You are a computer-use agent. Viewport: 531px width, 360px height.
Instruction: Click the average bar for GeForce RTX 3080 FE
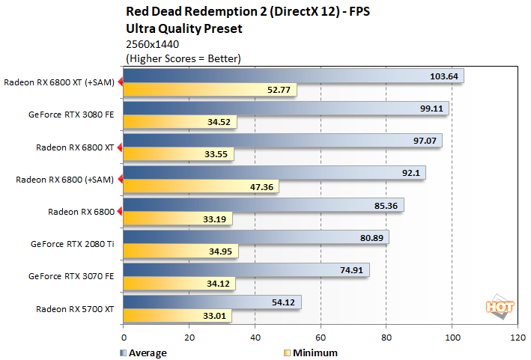point(285,109)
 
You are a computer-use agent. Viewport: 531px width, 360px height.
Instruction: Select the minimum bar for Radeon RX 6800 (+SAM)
point(201,187)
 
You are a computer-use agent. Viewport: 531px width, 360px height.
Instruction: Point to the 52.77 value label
point(280,91)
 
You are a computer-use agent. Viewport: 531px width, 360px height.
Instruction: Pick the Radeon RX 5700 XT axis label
point(75,308)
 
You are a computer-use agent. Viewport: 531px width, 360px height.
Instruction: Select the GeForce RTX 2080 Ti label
point(73,243)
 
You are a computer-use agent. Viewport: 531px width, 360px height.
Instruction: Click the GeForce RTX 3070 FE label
point(73,275)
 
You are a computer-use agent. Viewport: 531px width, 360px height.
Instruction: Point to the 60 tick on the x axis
point(321,338)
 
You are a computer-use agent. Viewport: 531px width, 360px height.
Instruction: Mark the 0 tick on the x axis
point(124,338)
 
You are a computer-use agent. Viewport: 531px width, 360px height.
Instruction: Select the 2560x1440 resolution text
point(153,44)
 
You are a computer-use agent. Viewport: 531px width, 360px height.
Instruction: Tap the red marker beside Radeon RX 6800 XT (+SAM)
point(119,83)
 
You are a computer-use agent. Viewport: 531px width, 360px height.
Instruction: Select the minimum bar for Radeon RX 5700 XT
point(177,317)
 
